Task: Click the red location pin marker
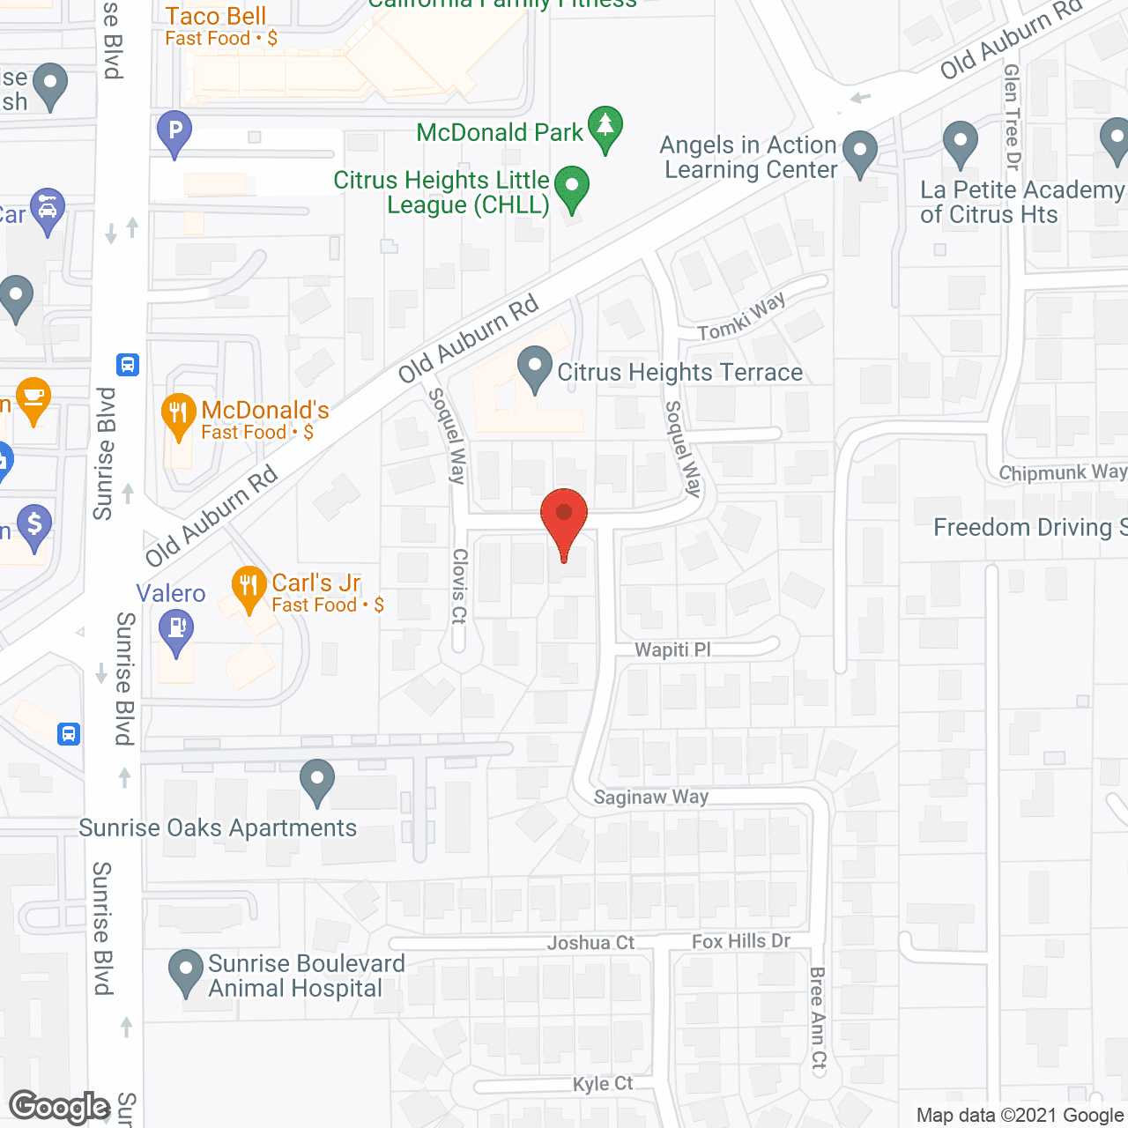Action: pos(564,520)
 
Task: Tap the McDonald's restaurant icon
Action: pos(178,414)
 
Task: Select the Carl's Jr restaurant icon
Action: pos(249,587)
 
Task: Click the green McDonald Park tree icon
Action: pos(605,127)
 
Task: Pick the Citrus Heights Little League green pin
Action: pos(572,188)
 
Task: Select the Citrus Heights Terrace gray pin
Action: pos(534,368)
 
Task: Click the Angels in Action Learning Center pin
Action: pos(859,152)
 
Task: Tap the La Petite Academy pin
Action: pos(960,143)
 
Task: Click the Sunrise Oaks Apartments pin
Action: pos(317,781)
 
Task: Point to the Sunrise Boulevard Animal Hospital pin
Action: pos(186,970)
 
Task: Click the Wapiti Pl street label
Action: pos(672,650)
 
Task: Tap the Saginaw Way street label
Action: pos(650,798)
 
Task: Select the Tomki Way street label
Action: pos(741,318)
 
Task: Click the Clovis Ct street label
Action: pos(459,585)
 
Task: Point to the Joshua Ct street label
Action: pos(590,943)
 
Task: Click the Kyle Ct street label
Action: pos(603,1084)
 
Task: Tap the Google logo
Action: pos(60,1107)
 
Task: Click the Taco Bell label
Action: pos(216,17)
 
